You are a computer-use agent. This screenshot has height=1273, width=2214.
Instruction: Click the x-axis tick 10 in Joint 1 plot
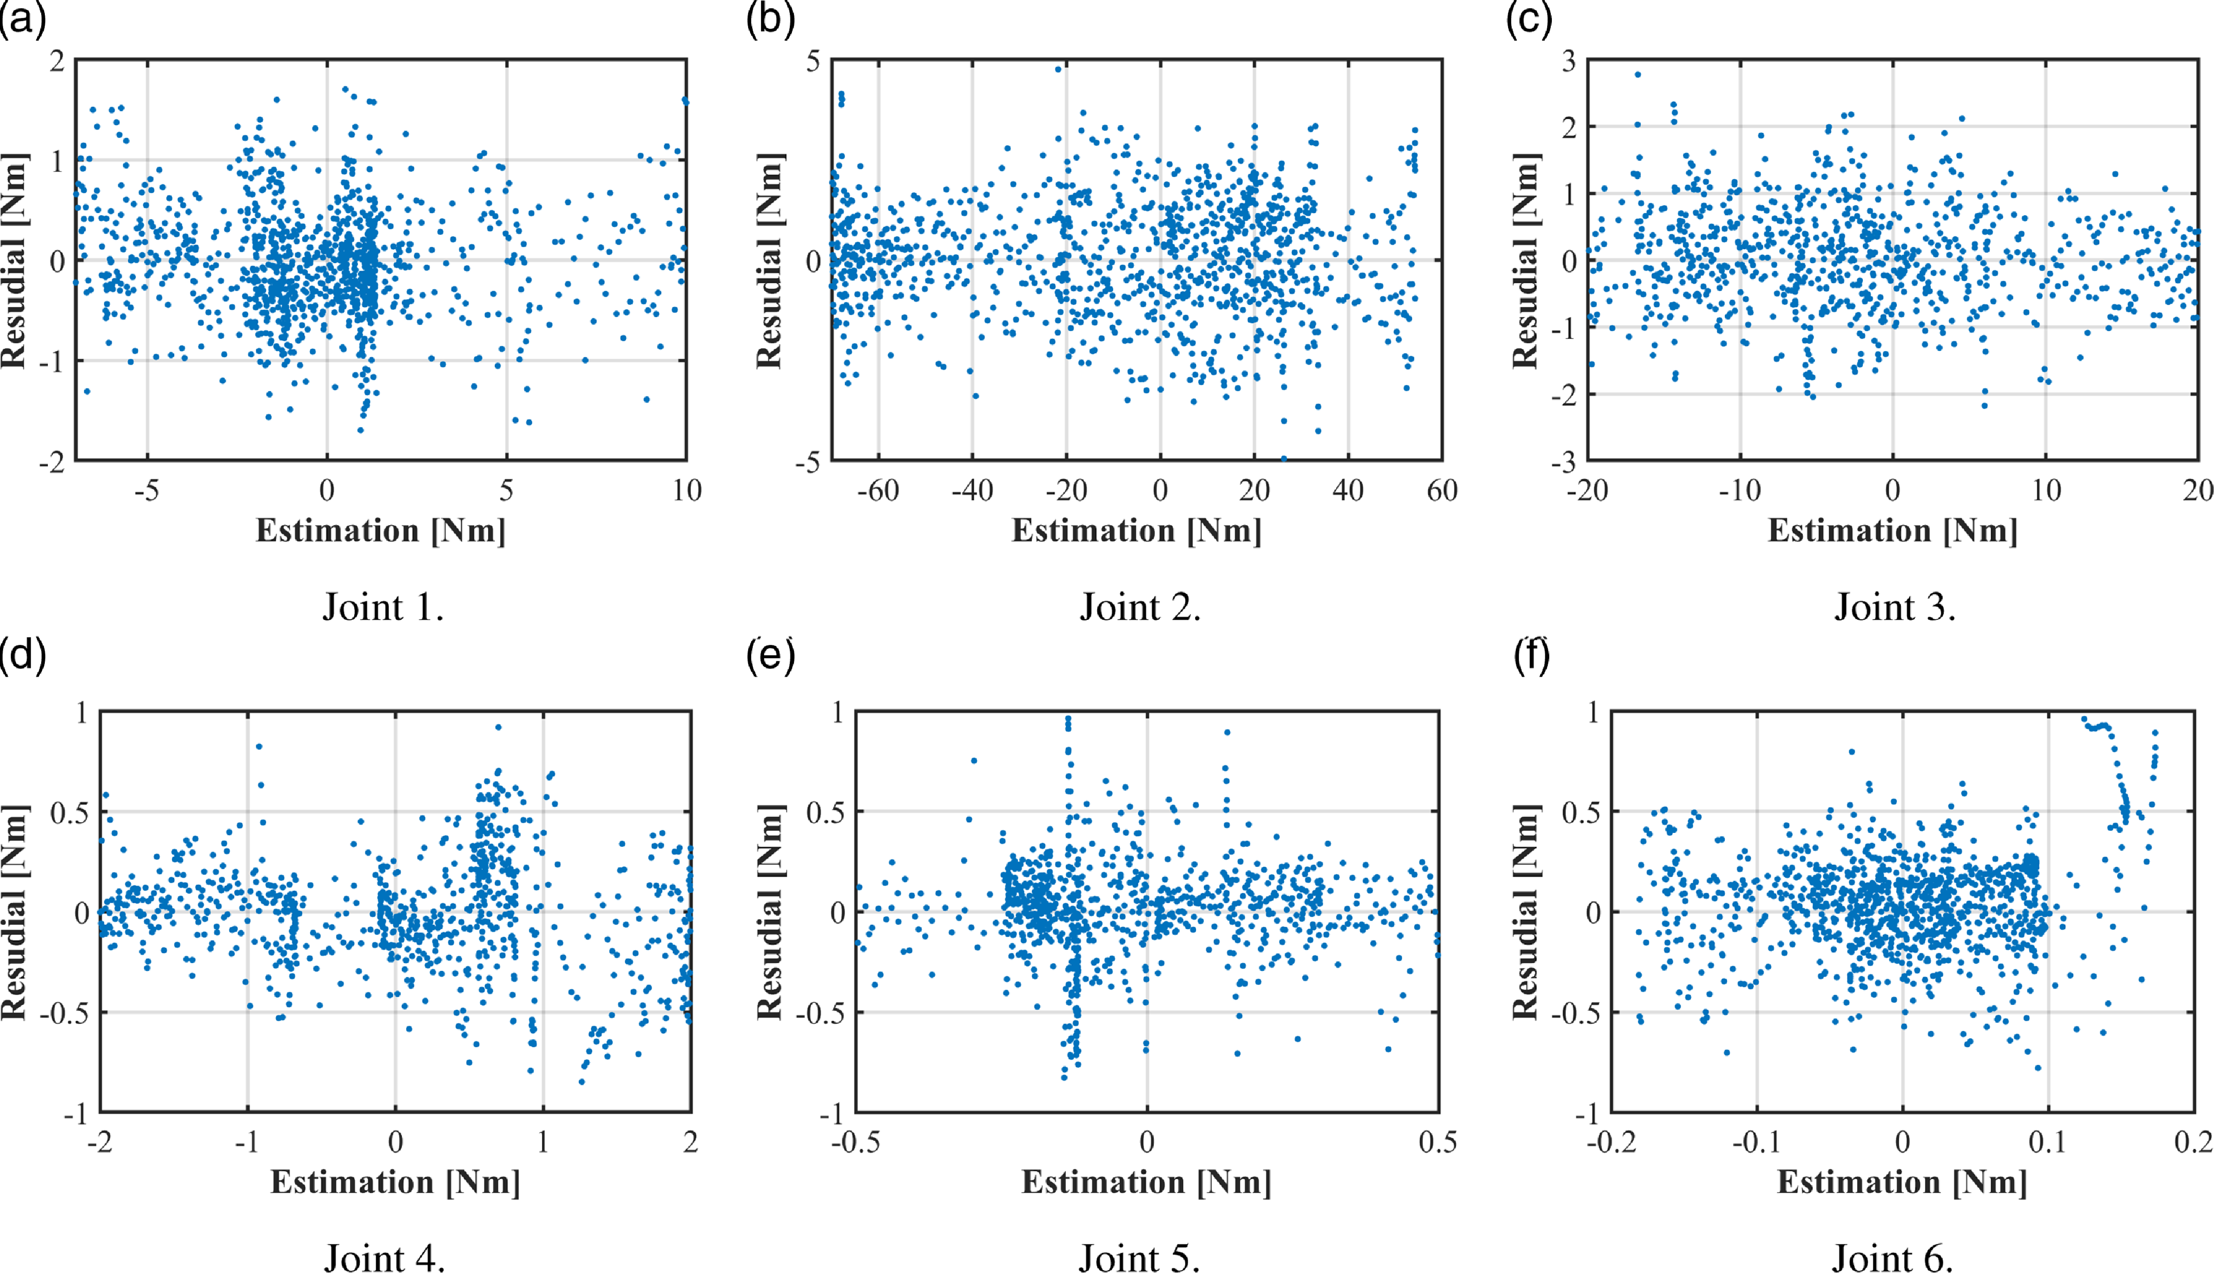[687, 491]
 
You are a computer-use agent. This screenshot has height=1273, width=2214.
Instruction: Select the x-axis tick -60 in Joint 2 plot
[877, 491]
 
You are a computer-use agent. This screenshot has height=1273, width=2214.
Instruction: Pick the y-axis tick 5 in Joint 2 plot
[813, 61]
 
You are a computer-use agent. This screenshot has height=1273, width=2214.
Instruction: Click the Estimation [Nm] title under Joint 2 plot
[1136, 531]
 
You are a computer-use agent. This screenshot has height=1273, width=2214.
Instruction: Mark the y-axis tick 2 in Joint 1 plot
[57, 61]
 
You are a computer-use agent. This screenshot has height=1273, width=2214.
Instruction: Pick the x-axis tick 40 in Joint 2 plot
[1348, 491]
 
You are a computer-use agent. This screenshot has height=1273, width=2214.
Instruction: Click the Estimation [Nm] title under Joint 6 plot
[1902, 1182]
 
